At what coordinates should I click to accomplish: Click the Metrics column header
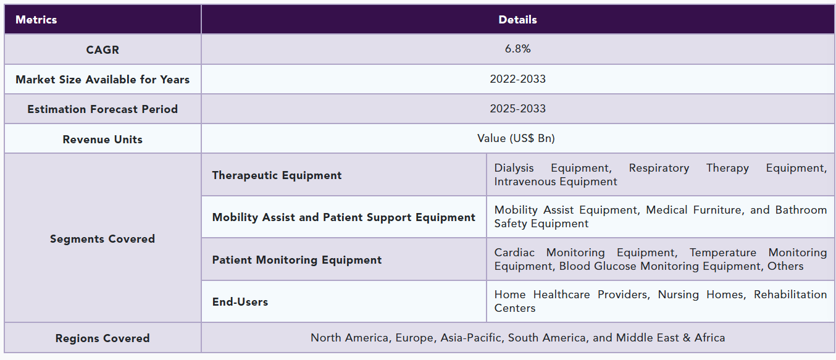(36, 20)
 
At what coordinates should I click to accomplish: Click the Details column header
(517, 20)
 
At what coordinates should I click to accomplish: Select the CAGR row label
(102, 49)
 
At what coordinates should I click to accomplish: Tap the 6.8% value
(517, 49)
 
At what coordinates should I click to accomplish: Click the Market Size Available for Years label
(102, 80)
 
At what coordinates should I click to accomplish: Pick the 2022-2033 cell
(517, 79)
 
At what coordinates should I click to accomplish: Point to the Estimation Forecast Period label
(102, 109)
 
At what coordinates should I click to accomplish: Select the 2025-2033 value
(517, 109)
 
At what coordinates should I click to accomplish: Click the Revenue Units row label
(102, 140)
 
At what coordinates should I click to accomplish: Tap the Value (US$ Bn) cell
(516, 138)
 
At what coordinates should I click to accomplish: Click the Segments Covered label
(102, 238)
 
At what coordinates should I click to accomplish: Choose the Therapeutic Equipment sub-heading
(277, 175)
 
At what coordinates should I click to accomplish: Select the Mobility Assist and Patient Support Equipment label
(344, 217)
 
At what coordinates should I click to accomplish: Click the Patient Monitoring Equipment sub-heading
(297, 260)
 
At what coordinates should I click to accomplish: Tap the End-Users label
(240, 302)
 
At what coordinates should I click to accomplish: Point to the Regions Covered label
(102, 338)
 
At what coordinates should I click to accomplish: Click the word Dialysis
(514, 169)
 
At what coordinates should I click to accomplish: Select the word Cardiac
(514, 253)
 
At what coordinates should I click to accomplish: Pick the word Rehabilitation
(790, 295)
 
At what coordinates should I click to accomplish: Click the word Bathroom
(801, 210)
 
